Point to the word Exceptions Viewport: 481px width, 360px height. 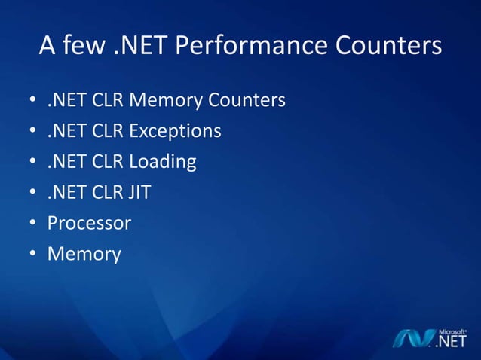click(x=175, y=131)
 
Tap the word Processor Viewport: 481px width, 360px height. click(x=89, y=224)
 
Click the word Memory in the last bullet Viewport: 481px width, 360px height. click(x=84, y=255)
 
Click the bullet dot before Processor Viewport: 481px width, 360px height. click(x=32, y=224)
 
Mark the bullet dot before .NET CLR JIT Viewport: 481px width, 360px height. click(x=32, y=194)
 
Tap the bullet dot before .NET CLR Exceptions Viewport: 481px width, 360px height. click(x=32, y=132)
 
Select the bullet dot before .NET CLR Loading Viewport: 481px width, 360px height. click(x=32, y=163)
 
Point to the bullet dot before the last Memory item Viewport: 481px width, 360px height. click(x=32, y=255)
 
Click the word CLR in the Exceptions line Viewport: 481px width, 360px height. click(x=108, y=131)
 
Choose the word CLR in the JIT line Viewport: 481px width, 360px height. click(x=108, y=193)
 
